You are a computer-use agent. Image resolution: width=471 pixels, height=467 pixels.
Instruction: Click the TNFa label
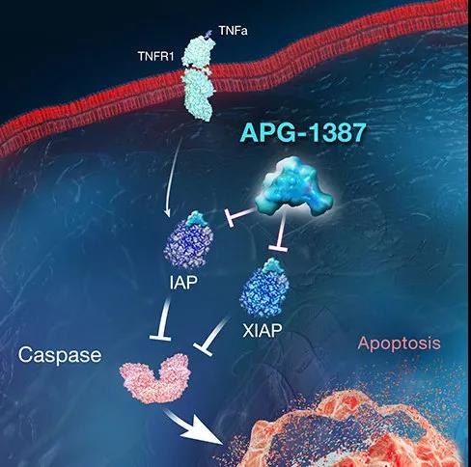pyautogui.click(x=233, y=31)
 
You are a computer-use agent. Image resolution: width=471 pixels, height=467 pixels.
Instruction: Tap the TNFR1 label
pyautogui.click(x=155, y=57)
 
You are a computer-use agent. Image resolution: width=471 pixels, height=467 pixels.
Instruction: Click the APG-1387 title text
pyautogui.click(x=303, y=132)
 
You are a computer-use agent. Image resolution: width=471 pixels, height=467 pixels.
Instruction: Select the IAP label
pyautogui.click(x=183, y=282)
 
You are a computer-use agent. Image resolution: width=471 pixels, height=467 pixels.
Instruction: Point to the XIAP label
pyautogui.click(x=263, y=330)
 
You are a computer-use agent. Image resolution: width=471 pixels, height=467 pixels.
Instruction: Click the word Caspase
pyautogui.click(x=60, y=355)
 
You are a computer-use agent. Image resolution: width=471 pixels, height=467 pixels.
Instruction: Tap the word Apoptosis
pyautogui.click(x=399, y=343)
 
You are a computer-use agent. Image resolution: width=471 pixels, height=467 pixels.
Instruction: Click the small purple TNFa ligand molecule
pyautogui.click(x=208, y=34)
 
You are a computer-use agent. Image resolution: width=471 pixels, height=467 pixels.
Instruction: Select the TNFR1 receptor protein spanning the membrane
pyautogui.click(x=197, y=78)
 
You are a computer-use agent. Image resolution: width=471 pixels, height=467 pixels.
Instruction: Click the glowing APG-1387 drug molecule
pyautogui.click(x=293, y=186)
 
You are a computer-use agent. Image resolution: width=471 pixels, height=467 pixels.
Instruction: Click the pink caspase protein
pyautogui.click(x=155, y=378)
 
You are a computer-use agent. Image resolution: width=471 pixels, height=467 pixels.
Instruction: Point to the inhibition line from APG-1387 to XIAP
pyautogui.click(x=281, y=233)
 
